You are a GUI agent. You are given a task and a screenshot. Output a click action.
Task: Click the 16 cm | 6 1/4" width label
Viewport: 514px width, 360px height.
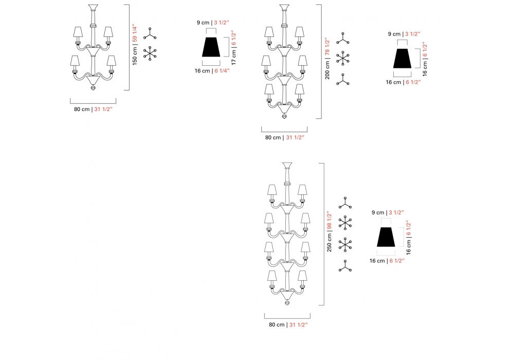point(212,71)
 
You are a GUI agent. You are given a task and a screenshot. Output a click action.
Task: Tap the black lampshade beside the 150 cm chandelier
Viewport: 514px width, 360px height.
point(211,47)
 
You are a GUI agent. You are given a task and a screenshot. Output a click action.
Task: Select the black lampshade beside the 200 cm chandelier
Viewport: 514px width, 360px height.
point(402,58)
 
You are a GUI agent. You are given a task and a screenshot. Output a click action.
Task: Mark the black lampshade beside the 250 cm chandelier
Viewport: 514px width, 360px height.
point(386,237)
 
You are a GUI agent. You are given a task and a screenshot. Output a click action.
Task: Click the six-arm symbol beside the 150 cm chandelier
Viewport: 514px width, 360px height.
point(150,53)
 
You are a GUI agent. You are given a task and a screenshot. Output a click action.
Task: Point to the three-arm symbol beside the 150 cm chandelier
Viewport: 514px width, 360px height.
point(150,34)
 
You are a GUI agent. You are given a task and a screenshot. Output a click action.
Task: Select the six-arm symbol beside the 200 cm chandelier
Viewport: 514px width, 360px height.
point(343,58)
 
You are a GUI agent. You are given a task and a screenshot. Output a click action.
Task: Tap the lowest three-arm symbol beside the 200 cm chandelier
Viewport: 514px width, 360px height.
point(343,80)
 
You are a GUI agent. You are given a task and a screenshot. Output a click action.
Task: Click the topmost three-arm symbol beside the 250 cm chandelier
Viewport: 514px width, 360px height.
point(345,203)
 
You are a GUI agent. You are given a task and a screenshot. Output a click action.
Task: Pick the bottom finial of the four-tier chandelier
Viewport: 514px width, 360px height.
point(287,302)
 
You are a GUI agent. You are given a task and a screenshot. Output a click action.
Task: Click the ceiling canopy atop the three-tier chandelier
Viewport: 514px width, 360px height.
point(284,8)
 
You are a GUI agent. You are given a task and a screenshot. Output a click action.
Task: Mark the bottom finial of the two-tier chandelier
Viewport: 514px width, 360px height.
point(93,87)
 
